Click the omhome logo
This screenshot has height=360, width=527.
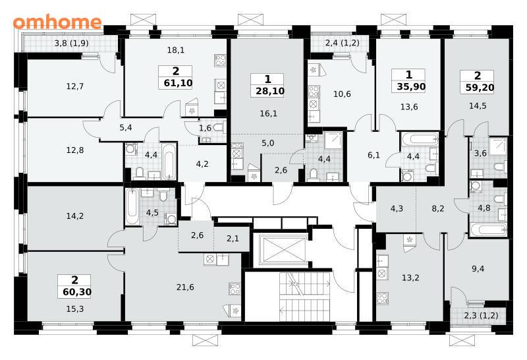57,22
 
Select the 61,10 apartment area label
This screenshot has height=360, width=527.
178,83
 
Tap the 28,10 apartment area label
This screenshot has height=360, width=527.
270,91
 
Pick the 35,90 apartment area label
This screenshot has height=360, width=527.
411,87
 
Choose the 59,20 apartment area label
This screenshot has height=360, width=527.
480,88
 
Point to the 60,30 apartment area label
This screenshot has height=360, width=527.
77,292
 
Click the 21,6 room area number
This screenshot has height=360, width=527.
185,287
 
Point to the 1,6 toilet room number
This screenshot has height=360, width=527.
205,128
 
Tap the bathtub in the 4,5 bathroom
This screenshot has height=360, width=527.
132,206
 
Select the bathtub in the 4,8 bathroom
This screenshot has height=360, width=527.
488,230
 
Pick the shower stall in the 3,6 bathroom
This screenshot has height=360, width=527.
498,146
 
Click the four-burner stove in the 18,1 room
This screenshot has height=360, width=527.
221,61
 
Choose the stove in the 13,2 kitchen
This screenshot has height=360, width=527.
383,298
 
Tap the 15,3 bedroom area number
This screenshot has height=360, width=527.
75,309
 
